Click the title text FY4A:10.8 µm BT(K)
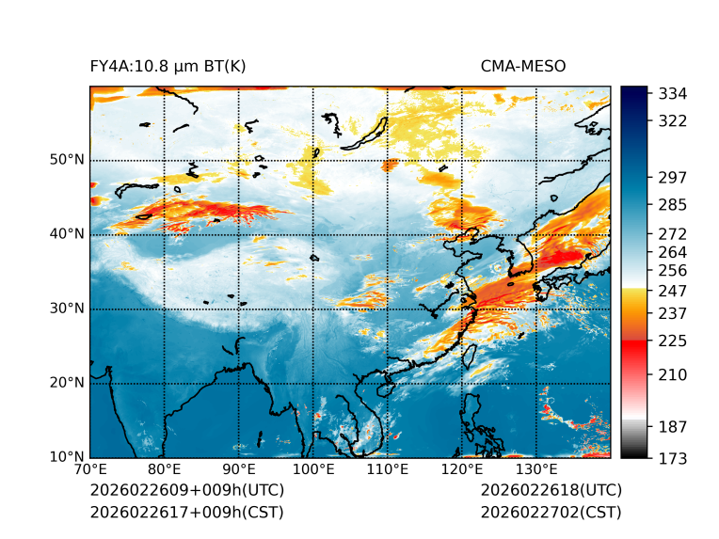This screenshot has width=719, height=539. click(168, 66)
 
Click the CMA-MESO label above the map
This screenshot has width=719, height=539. click(523, 66)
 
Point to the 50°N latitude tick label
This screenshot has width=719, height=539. click(67, 160)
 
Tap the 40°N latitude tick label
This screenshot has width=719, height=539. click(67, 234)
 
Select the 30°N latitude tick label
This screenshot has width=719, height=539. click(67, 309)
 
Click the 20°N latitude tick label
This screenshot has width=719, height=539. click(67, 383)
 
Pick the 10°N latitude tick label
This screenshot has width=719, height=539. click(67, 457)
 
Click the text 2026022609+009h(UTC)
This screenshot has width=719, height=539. click(186, 491)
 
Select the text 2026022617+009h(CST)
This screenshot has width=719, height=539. click(186, 513)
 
